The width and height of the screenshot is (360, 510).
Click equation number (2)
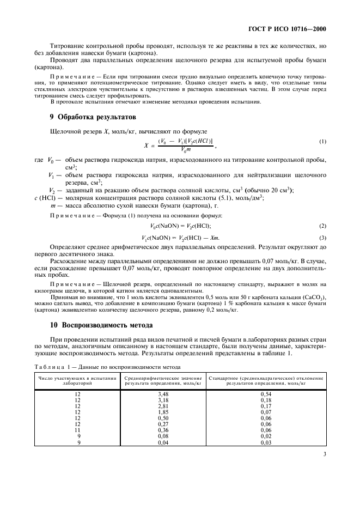322,226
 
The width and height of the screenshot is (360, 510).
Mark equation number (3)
322,238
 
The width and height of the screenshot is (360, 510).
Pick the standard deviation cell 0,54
266,393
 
